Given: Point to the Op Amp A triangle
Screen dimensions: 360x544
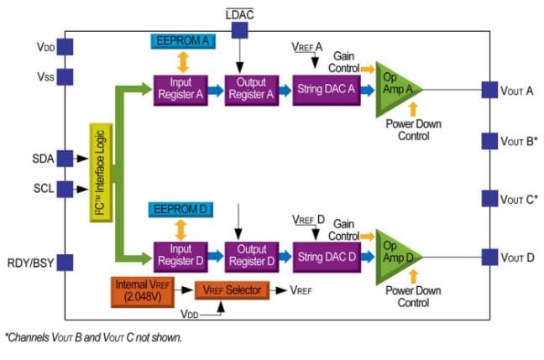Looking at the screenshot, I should click(x=395, y=87).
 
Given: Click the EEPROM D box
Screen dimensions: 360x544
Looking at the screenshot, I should click(x=180, y=209).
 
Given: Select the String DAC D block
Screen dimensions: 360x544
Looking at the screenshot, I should click(x=324, y=254).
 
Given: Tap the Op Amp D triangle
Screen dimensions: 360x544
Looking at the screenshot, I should click(x=395, y=254).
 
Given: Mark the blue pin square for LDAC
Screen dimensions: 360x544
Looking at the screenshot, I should click(x=240, y=30).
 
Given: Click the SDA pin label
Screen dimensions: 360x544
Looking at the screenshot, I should click(x=42, y=157).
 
